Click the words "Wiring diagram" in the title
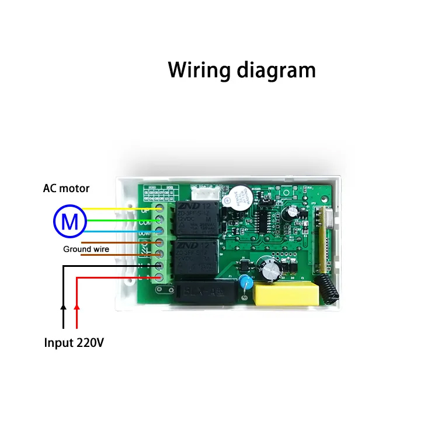[x=242, y=69]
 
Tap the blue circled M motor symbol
[x=70, y=221]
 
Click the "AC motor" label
[x=66, y=189]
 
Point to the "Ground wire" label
[x=86, y=249]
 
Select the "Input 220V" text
[x=74, y=343]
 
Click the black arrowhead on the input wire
[x=63, y=305]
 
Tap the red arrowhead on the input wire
[x=77, y=305]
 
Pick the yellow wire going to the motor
[x=123, y=208]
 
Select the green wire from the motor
[x=123, y=220]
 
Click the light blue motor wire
[x=123, y=231]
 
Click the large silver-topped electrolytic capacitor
[x=272, y=266]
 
